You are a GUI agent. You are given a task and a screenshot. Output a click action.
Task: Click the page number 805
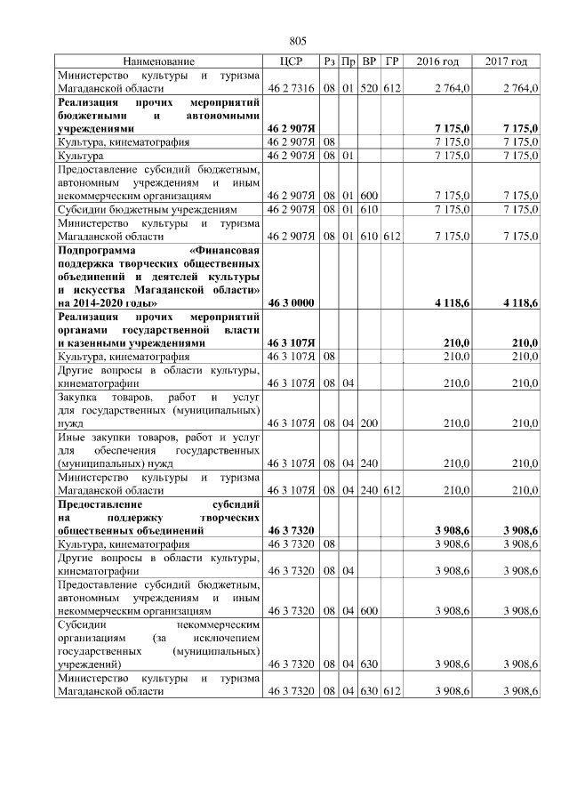298,41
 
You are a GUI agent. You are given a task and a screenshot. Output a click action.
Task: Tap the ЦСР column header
292,61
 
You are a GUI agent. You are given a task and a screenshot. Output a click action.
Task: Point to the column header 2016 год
437,61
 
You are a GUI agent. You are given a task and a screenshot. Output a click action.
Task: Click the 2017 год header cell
507,61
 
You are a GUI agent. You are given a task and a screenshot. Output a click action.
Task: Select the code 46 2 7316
292,89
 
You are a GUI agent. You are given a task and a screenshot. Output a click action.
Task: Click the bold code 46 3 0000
291,303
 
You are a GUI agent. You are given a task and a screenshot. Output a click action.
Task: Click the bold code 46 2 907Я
292,130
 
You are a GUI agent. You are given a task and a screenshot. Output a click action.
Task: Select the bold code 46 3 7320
291,530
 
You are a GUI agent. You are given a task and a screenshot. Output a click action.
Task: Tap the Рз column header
329,61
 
